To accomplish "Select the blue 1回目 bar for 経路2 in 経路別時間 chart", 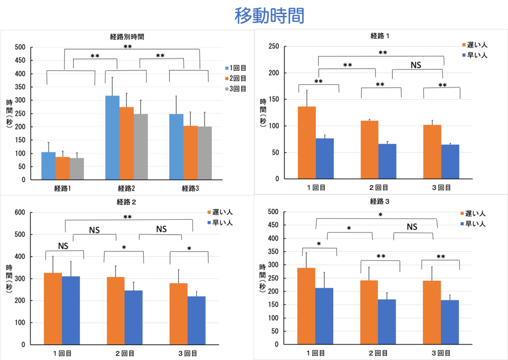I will pos(112,137).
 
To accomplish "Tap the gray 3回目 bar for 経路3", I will pos(205,153).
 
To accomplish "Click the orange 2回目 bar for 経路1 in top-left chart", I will pos(62,168).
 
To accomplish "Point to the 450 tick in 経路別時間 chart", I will pos(20,61).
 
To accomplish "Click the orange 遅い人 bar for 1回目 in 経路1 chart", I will pos(306,142).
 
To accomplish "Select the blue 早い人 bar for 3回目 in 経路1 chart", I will pos(450,162).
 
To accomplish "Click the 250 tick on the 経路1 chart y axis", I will pos(273,47).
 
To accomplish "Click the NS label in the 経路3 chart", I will pos(412,227).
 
